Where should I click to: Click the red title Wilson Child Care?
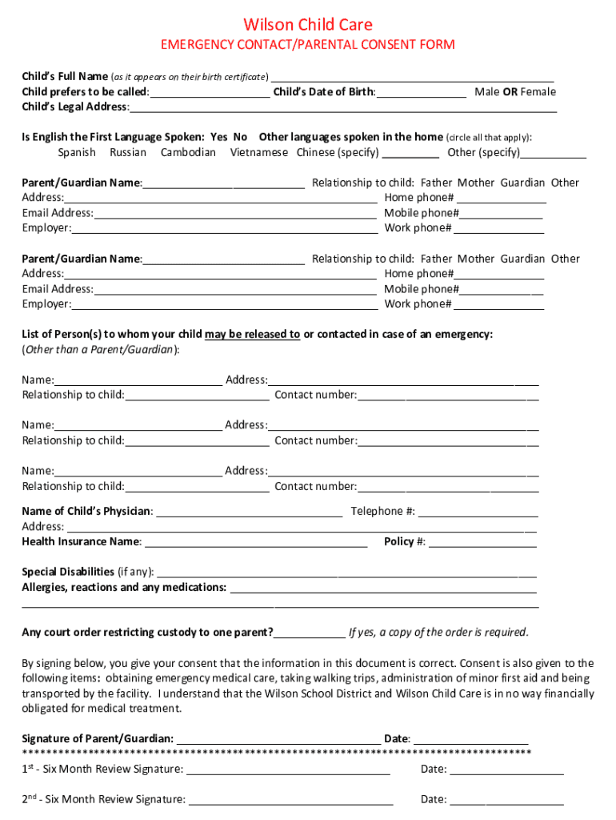(308, 25)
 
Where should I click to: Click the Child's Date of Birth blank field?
(422, 93)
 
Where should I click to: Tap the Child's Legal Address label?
(74, 107)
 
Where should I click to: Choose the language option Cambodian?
(188, 152)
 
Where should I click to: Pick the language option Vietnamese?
(259, 152)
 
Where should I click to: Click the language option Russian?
(128, 152)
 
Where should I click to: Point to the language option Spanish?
(77, 152)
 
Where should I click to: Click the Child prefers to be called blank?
(210, 93)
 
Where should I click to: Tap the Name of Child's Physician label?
(86, 512)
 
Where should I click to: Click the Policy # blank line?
(482, 543)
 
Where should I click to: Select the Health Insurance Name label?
(82, 542)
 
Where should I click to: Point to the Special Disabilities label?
(68, 573)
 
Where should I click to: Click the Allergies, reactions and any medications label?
(124, 588)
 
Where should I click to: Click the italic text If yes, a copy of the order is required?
(438, 633)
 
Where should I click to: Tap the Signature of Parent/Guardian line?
(278, 739)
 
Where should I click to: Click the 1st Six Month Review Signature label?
(102, 770)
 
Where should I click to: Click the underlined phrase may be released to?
(252, 334)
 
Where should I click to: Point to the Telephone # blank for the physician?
(478, 512)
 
